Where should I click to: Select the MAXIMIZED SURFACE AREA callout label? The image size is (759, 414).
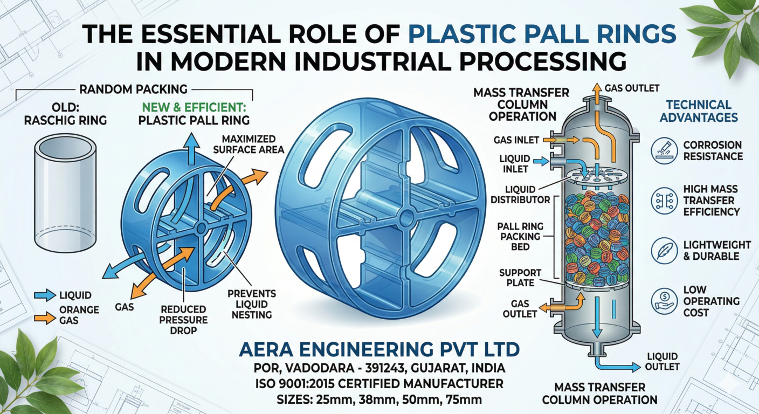pos(249,144)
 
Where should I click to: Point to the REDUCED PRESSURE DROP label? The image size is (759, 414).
pos(184,319)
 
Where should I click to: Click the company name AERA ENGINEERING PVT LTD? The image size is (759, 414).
pos(379,351)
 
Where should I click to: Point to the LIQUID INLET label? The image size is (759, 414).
pos(514,165)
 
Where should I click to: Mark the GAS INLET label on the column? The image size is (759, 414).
pos(516,140)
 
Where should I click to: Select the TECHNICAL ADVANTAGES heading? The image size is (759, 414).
pos(698,111)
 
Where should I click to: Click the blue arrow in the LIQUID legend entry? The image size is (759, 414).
pos(45,295)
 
